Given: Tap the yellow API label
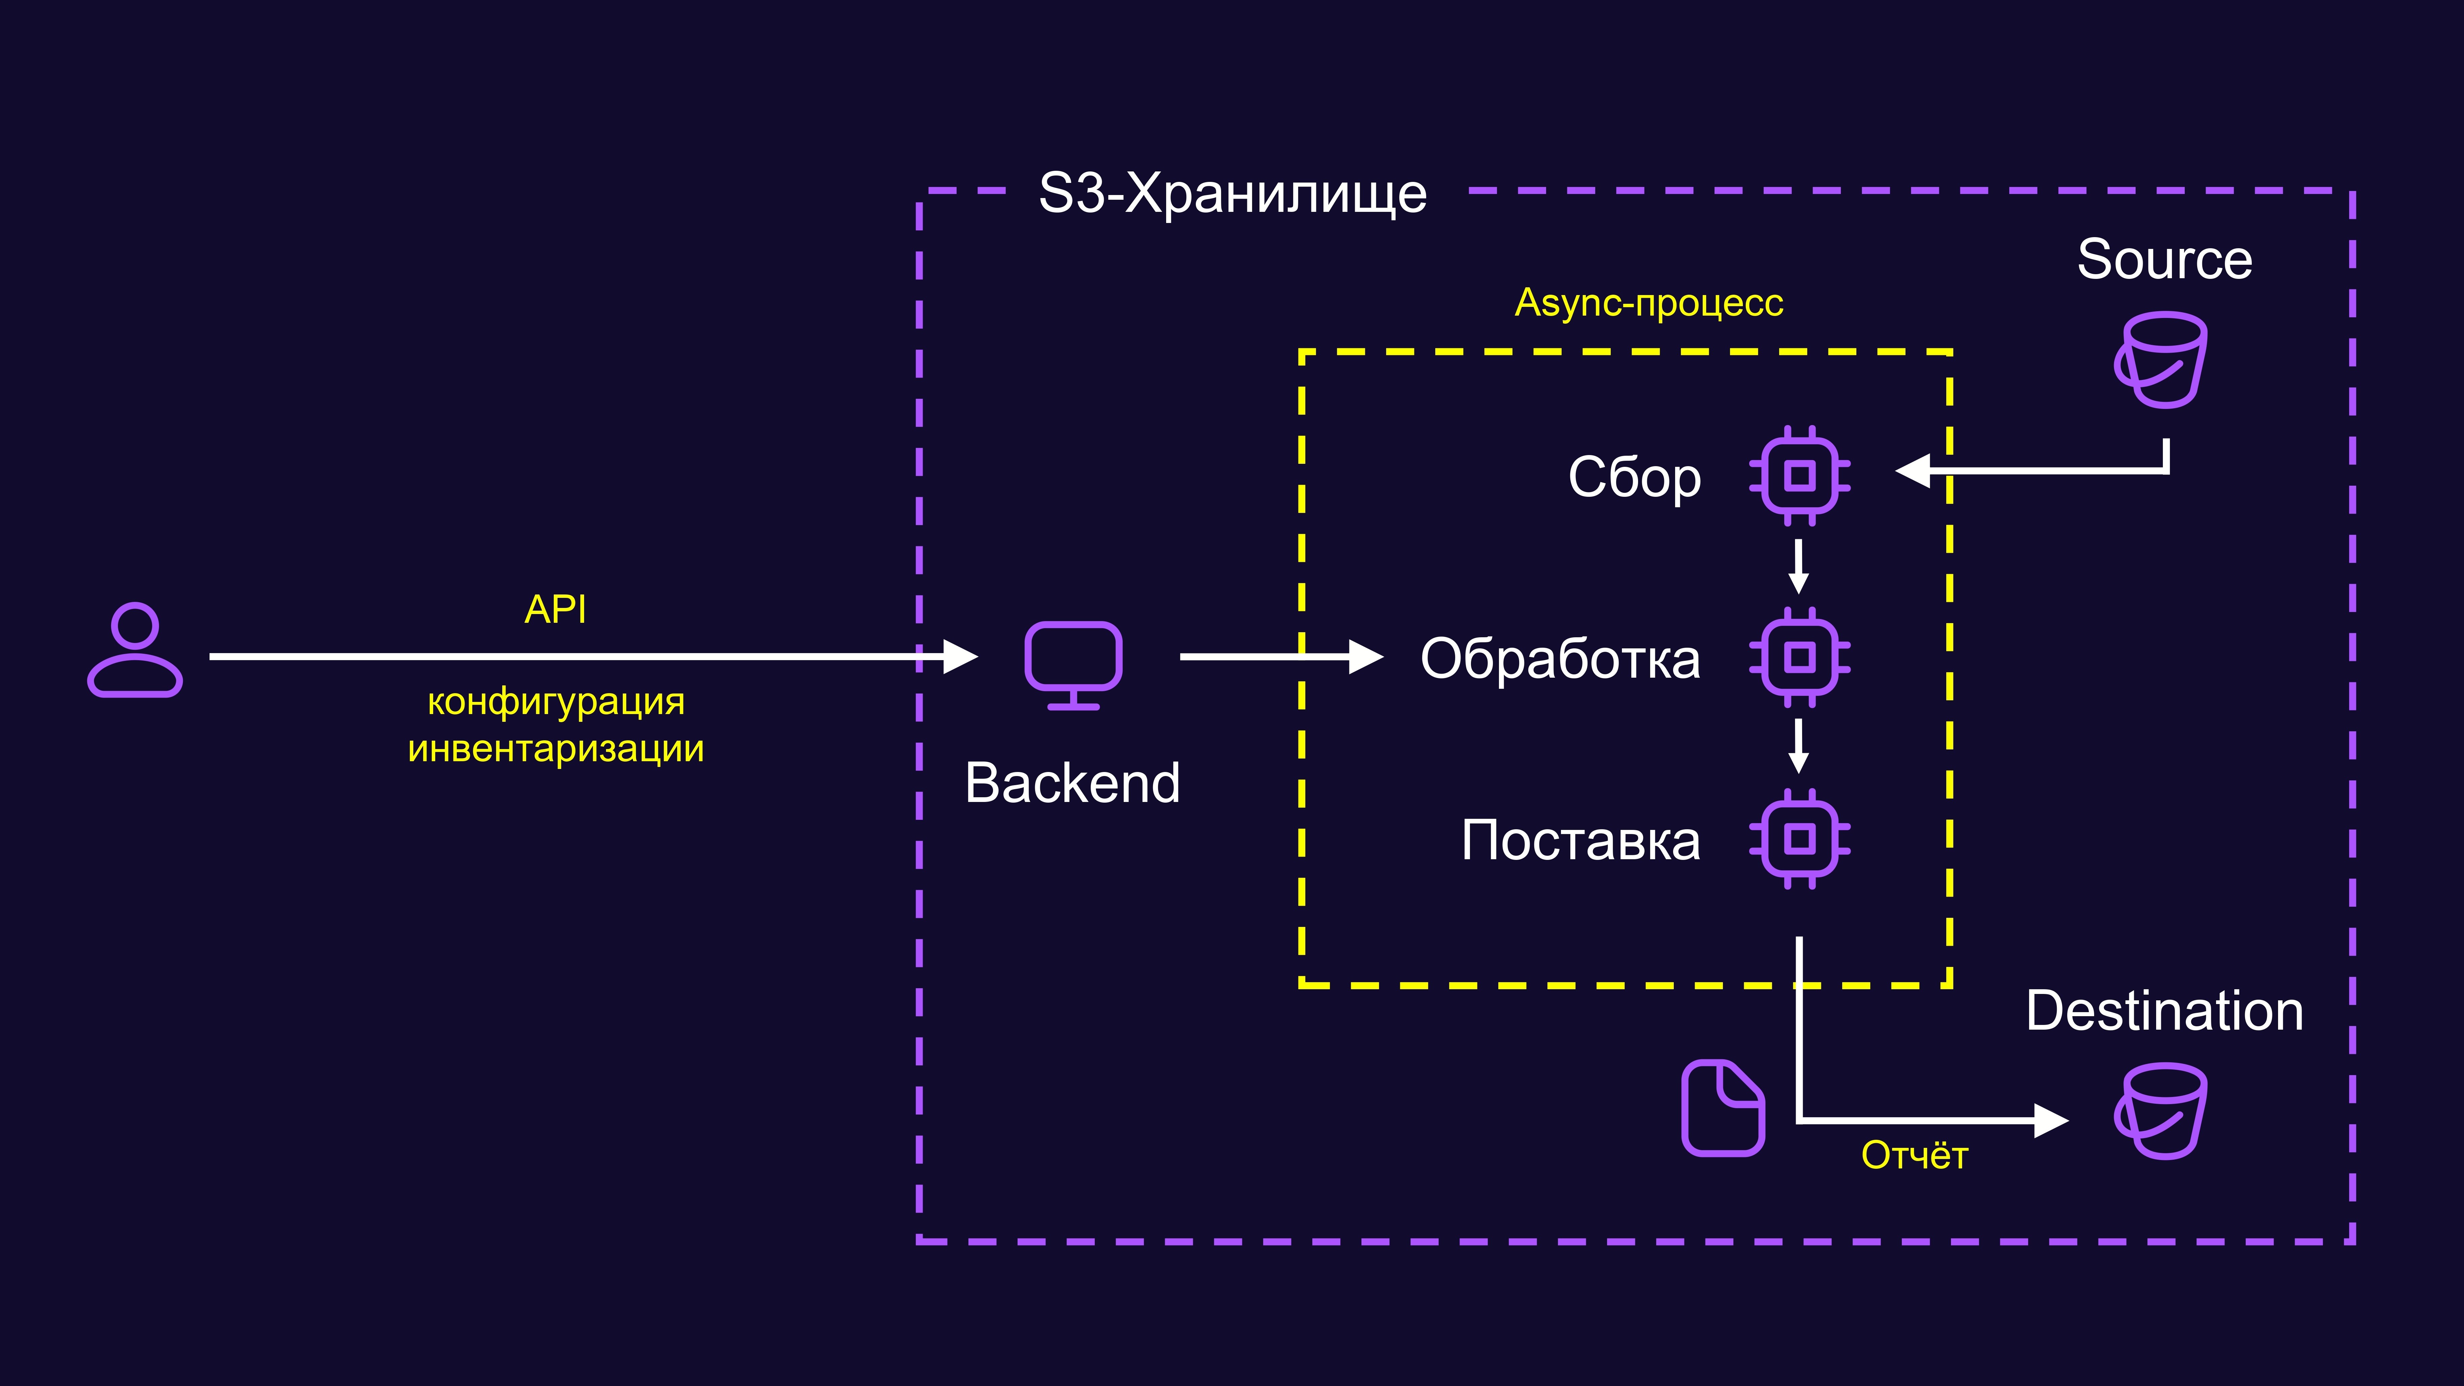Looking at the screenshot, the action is click(556, 609).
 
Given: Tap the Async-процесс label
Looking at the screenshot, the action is click(1649, 303).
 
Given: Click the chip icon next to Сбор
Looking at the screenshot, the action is click(1799, 475).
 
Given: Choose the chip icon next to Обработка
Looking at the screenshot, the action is click(1799, 657).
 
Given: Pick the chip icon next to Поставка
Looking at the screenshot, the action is click(1799, 839).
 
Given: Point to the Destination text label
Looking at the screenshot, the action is click(2165, 1011).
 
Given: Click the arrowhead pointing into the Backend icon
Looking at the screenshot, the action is click(960, 657).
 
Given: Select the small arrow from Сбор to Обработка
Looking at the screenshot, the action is click(1798, 566).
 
